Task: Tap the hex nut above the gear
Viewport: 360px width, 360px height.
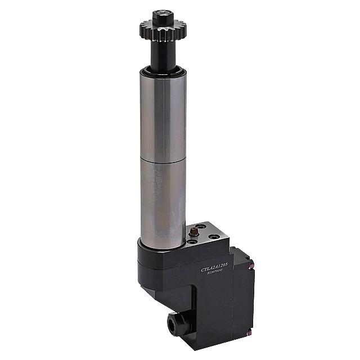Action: (x=162, y=12)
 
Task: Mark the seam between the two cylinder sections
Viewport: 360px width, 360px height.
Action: (x=163, y=160)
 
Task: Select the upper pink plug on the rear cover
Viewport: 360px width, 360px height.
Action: (x=254, y=264)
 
